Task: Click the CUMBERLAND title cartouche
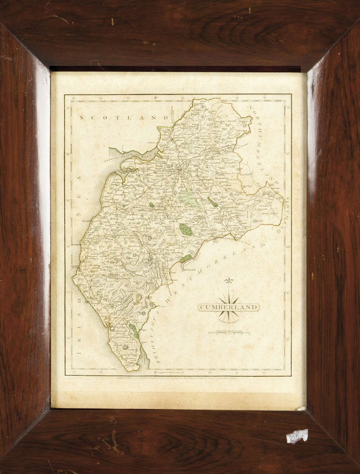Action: point(228,307)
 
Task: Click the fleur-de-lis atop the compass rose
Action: point(229,281)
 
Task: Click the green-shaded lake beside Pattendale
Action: point(186,259)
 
